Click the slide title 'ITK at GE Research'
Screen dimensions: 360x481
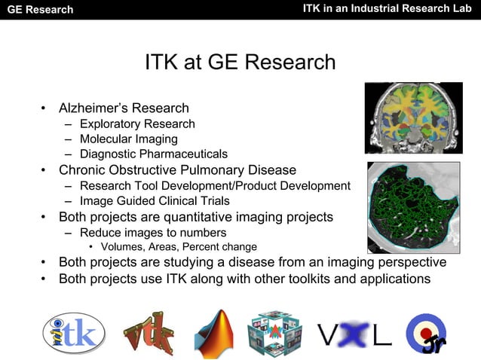click(240, 62)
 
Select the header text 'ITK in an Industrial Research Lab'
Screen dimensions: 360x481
click(388, 9)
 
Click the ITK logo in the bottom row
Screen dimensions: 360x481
click(73, 332)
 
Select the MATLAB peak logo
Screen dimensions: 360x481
click(214, 332)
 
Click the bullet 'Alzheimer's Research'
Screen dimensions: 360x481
click(124, 109)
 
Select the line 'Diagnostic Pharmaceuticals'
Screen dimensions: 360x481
click(153, 154)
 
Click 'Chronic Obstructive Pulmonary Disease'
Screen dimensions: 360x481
click(177, 170)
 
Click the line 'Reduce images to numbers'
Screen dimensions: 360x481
click(152, 233)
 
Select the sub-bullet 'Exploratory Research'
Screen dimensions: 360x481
click(136, 124)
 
